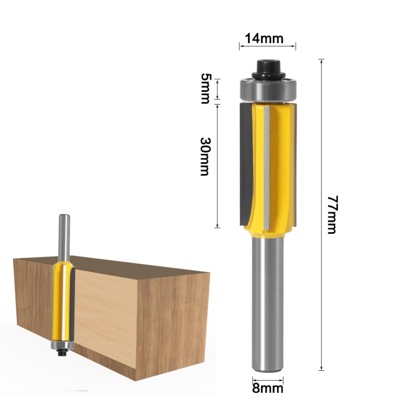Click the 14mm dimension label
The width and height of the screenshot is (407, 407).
point(264,39)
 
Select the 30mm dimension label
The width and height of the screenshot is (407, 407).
point(206,157)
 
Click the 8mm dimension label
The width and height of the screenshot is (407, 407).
point(268,389)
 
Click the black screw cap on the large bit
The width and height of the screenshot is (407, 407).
point(268,69)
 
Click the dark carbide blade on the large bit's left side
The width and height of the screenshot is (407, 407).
point(245,164)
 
